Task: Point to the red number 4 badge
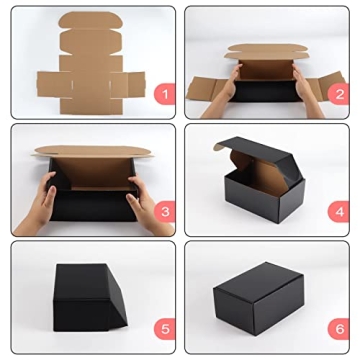339,211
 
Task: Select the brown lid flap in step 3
90,154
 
